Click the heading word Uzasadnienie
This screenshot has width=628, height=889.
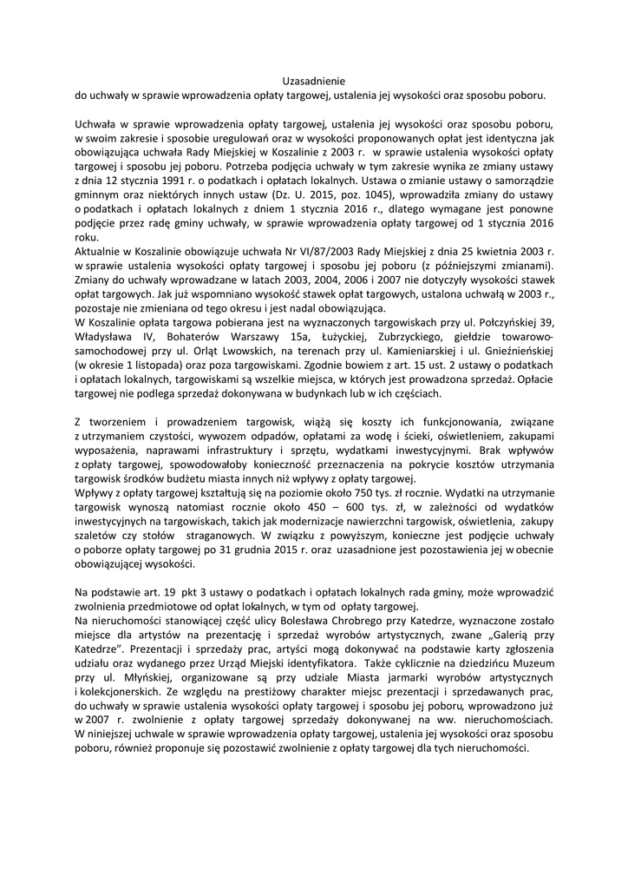(x=313, y=81)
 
